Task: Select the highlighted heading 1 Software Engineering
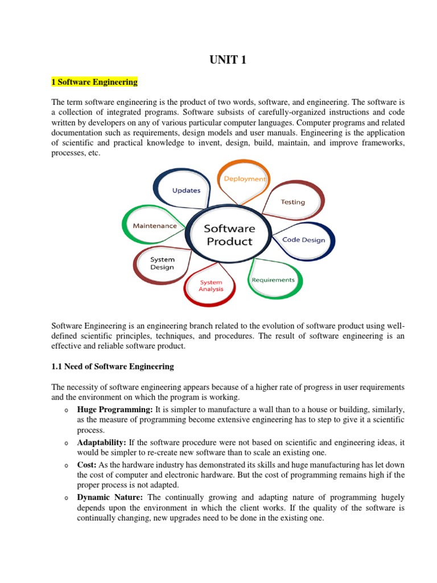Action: [94, 82]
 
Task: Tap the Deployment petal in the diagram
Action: [244, 178]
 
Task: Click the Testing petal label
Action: [293, 202]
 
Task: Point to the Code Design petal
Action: [304, 240]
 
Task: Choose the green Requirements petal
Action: [273, 280]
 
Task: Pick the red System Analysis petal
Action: [211, 285]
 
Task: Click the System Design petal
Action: [162, 263]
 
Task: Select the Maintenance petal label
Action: [154, 225]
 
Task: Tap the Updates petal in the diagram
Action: [186, 190]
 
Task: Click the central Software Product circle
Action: [229, 235]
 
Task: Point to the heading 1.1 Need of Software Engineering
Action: [113, 366]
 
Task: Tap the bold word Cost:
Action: [87, 464]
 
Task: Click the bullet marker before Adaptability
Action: [67, 442]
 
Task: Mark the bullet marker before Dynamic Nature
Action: [67, 497]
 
